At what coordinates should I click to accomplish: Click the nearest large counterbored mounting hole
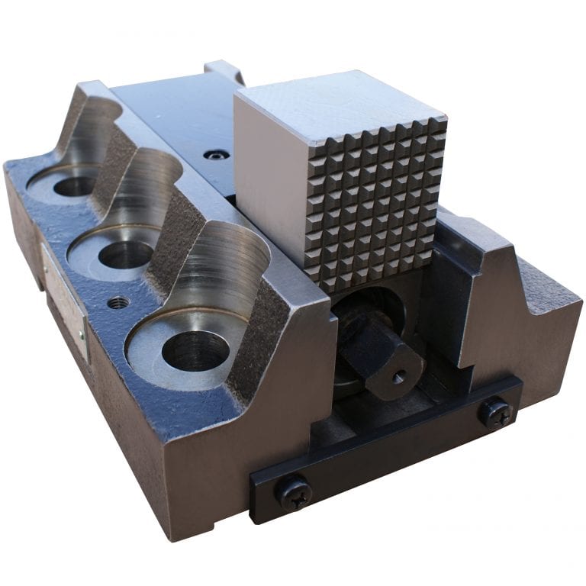(196, 350)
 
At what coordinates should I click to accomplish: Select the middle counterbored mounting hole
(126, 255)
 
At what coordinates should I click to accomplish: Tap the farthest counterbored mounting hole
(75, 185)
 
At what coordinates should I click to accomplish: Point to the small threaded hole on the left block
(117, 302)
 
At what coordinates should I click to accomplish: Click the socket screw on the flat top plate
(217, 155)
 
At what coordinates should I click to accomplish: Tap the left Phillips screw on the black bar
(294, 492)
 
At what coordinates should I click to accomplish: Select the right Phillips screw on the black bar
(494, 413)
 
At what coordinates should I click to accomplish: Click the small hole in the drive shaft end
(396, 375)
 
